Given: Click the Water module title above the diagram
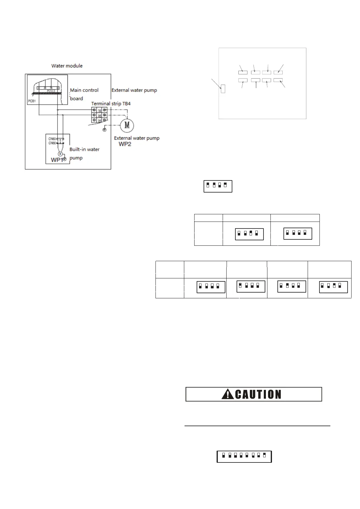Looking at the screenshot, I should coord(67,66).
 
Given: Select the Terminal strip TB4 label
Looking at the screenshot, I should coord(111,104).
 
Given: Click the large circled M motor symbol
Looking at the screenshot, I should coord(127,125).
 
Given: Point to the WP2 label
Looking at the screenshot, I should coord(125,144).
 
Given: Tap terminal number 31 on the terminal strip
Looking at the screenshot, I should coord(100,110).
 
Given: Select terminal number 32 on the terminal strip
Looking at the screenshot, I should coord(100,115).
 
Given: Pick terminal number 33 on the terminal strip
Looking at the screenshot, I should coord(100,120).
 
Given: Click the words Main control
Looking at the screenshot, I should coord(84,90).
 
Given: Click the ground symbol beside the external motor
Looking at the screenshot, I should coord(104,130).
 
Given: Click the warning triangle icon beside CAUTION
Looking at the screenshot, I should coord(227,394).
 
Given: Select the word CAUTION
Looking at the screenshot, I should coord(258,394).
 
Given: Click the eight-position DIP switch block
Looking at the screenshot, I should coord(244,456).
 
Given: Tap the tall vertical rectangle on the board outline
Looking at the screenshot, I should coord(223,89).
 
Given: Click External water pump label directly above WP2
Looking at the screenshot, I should coord(137,138).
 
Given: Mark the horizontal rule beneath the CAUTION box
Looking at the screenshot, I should coord(257,426).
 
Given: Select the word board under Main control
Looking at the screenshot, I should coord(77,99).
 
